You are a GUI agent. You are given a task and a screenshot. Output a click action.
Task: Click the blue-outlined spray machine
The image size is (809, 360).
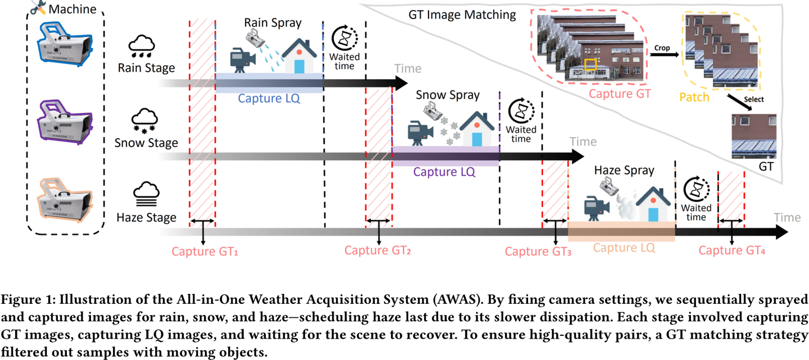pyautogui.click(x=65, y=45)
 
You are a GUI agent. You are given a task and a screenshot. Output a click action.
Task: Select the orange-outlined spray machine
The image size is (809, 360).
pyautogui.click(x=65, y=199)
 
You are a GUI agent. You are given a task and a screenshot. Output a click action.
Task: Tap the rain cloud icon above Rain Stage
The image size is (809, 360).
pyautogui.click(x=143, y=47)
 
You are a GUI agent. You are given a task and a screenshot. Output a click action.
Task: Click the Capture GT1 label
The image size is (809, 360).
pyautogui.click(x=205, y=252)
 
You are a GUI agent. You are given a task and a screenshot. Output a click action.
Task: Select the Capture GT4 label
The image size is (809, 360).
pyautogui.click(x=732, y=251)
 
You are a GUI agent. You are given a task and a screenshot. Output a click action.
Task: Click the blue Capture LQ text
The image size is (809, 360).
pyautogui.click(x=269, y=98)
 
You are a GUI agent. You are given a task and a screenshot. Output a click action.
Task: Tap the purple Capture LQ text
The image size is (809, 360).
pyautogui.click(x=444, y=172)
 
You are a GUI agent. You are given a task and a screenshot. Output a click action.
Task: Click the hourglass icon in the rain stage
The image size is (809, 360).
pyautogui.click(x=344, y=38)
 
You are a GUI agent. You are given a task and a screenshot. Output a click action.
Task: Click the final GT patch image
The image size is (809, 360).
pyautogui.click(x=754, y=136)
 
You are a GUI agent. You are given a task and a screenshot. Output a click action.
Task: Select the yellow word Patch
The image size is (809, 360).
pyautogui.click(x=694, y=97)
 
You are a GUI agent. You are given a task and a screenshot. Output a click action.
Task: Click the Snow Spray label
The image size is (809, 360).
pyautogui.click(x=448, y=95)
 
